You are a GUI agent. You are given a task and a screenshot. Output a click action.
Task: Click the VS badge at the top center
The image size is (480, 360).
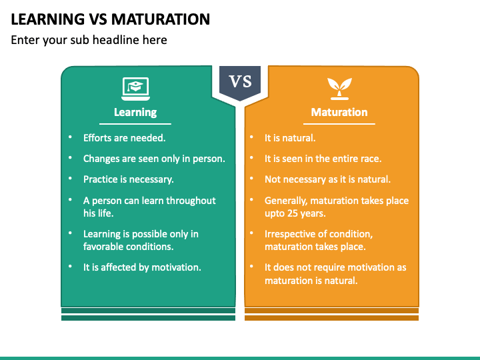(240, 82)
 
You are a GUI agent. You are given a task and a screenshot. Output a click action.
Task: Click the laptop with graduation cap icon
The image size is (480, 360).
(135, 87)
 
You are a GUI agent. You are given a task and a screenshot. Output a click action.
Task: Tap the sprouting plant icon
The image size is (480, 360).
(339, 87)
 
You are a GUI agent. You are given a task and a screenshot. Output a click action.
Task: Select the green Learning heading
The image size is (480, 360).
(135, 112)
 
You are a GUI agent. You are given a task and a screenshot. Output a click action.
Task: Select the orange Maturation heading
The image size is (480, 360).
(339, 112)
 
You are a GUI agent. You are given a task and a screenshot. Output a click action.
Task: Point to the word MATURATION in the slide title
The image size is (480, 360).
(159, 19)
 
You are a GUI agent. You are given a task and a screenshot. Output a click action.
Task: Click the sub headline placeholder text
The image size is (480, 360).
(89, 40)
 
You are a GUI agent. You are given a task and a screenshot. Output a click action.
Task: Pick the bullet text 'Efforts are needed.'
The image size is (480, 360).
(124, 138)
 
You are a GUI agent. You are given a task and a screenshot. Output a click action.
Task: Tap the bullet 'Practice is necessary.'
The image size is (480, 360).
(128, 179)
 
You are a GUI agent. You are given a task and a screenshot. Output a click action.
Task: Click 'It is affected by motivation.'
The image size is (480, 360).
(142, 267)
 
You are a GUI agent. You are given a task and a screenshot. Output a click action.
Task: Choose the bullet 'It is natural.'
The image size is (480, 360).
(290, 138)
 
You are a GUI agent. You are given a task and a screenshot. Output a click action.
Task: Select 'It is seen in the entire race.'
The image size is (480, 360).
(323, 159)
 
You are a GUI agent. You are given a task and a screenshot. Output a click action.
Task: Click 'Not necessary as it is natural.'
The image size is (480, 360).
(327, 179)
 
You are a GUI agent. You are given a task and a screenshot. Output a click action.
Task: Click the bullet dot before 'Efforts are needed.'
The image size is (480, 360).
(70, 138)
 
